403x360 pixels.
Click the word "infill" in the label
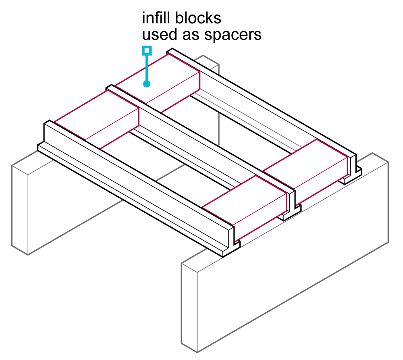(156, 19)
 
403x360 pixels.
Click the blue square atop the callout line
(147, 50)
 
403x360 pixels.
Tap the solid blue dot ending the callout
(147, 84)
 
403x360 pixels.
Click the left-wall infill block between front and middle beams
(97, 117)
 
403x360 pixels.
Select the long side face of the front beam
(133, 181)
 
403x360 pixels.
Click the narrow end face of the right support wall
(189, 306)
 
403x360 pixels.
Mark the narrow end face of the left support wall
(20, 210)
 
